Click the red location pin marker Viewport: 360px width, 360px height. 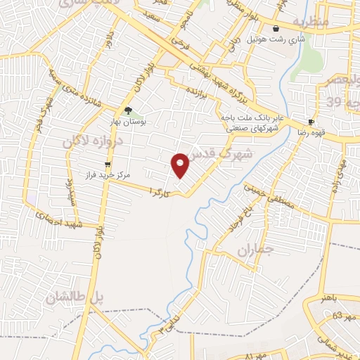tap(181, 165)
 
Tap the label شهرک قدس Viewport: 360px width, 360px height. tap(226, 155)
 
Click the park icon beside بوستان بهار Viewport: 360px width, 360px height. tap(128, 110)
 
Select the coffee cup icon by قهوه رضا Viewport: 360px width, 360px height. tap(311, 122)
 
